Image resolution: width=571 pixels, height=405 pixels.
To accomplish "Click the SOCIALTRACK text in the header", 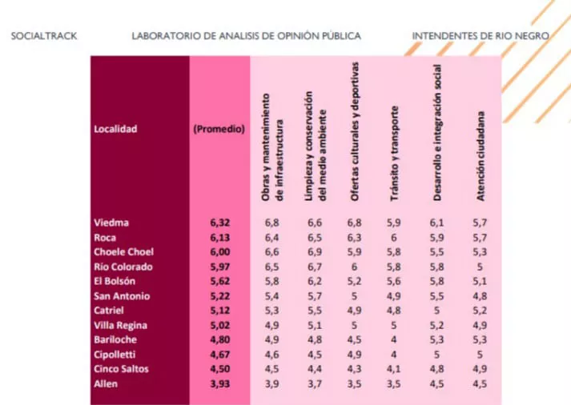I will click(44, 37).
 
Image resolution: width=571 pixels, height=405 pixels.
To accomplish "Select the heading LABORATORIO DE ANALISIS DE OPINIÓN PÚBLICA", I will click(246, 37).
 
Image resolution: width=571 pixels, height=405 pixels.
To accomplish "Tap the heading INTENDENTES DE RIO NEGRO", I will click(480, 37).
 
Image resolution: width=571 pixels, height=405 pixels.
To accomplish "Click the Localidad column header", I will click(115, 128).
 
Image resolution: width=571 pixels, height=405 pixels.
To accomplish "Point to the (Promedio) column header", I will click(219, 128).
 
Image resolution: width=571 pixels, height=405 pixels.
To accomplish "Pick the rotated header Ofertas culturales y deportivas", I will click(356, 134).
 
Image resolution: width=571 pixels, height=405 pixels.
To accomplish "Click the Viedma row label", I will click(111, 223).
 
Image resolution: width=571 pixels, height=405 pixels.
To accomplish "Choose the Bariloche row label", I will click(115, 340).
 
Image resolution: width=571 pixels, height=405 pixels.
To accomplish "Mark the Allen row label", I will click(106, 384).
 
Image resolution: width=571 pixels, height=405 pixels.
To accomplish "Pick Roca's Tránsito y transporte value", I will click(392, 238).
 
